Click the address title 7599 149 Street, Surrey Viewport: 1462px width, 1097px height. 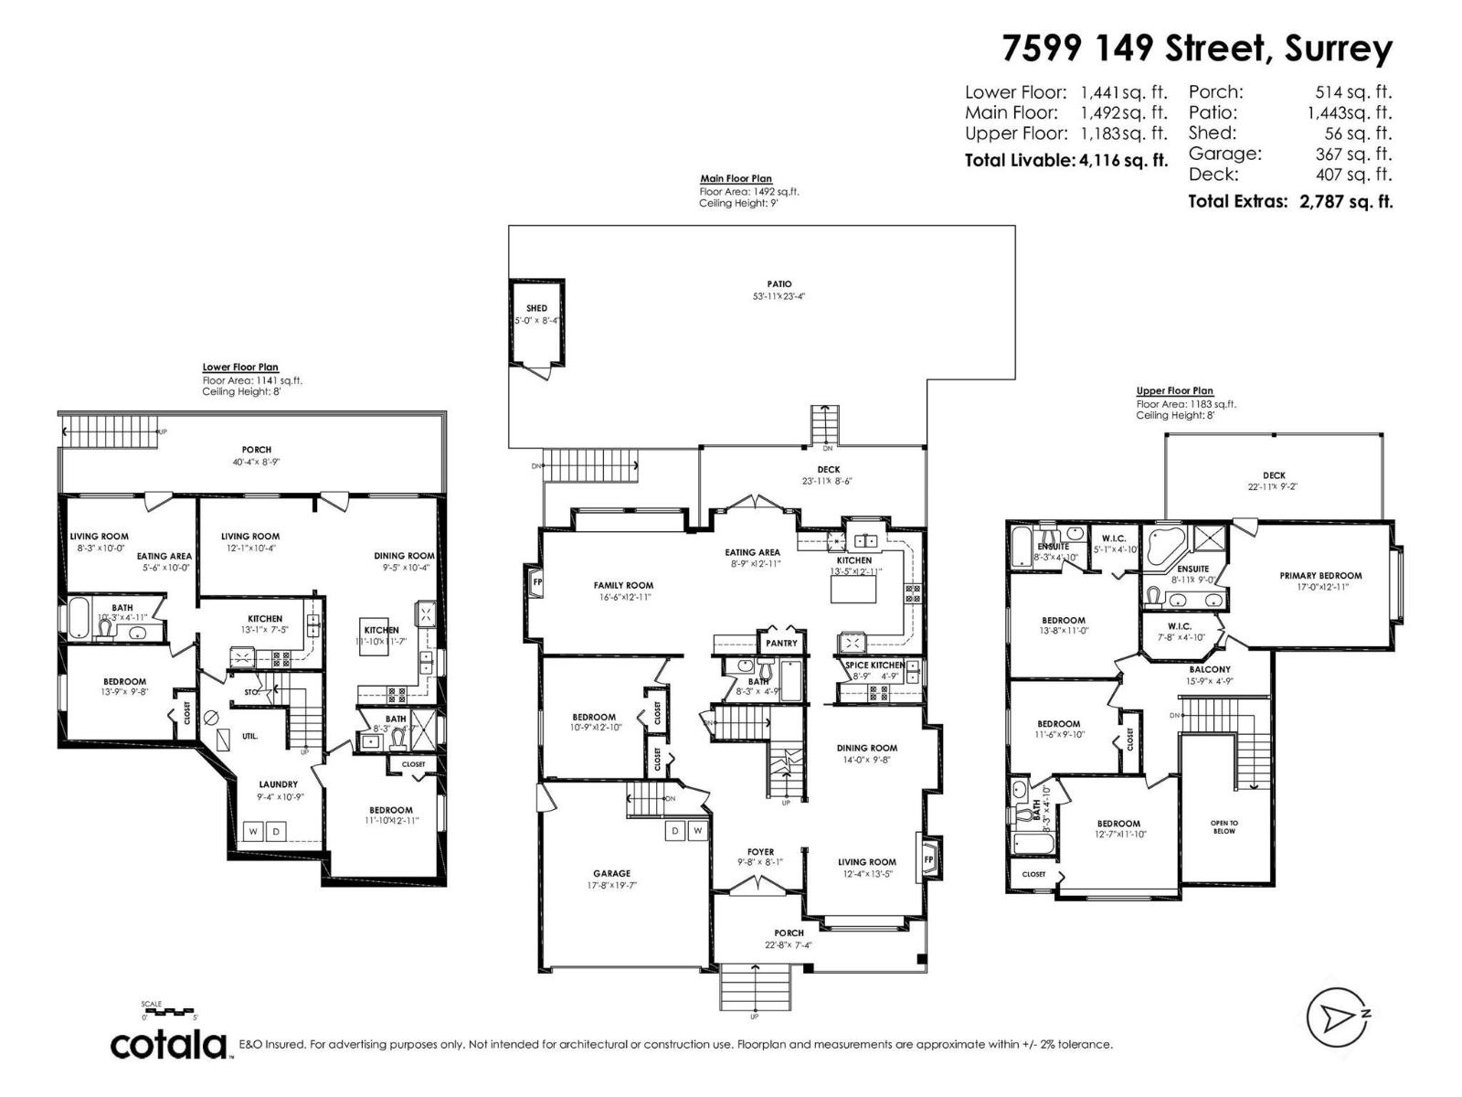coord(1197,48)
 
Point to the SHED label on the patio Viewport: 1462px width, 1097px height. coord(536,308)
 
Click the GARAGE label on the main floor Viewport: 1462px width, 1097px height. coord(611,873)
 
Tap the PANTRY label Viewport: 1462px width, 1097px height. coord(781,643)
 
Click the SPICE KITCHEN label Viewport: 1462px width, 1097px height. coord(874,665)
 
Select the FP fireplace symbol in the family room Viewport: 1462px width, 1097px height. coord(536,580)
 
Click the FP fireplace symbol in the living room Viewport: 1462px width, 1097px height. coord(928,859)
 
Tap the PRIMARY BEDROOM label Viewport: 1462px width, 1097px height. coord(1320,576)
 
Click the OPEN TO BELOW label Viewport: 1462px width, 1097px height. coord(1224,826)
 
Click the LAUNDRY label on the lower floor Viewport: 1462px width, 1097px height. coord(278,783)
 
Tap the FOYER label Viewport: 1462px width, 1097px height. coord(760,852)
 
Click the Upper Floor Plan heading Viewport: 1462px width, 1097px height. coord(1174,390)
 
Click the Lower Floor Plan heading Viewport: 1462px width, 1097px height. coord(239,367)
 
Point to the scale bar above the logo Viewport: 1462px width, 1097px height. coord(170,1012)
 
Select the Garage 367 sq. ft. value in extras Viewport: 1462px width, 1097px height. coord(1352,154)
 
